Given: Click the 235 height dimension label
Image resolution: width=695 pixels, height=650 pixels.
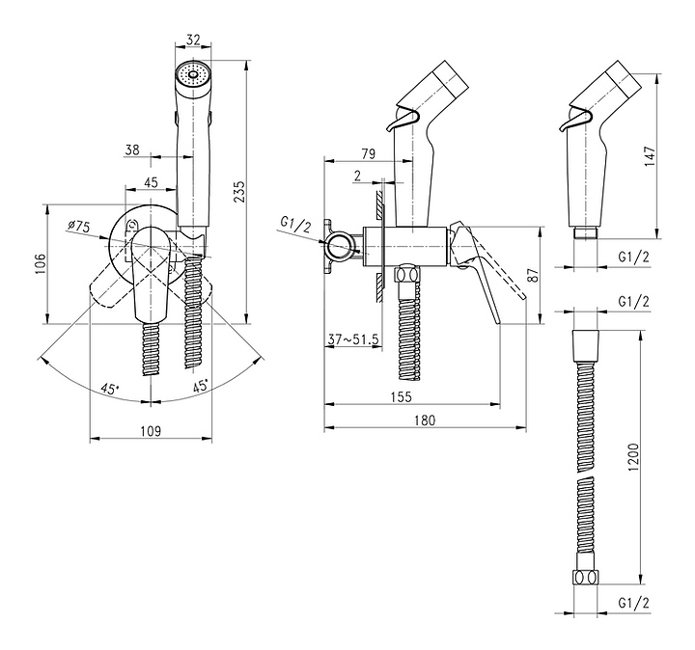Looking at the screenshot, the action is point(239,191).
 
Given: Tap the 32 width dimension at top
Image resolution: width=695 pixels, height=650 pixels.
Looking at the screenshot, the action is point(193,40).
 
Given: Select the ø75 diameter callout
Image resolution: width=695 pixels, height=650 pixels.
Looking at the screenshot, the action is point(79,227).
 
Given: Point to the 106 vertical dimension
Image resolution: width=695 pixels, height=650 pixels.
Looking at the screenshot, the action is point(40,264).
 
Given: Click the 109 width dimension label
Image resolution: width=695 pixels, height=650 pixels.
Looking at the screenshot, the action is point(151,430).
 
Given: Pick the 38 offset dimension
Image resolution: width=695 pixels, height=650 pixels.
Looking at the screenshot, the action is point(131,149).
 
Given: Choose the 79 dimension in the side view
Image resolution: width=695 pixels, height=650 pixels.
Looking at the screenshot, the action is point(368,154).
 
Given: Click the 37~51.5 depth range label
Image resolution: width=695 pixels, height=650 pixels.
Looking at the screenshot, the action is point(353,339).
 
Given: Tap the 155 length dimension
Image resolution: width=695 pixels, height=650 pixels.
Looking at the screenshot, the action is point(401,396).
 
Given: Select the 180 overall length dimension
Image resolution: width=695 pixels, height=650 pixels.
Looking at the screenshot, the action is point(425,420).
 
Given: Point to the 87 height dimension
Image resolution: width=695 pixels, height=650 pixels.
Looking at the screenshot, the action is point(534,275).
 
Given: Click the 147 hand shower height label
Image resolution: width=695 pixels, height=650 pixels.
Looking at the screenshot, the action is point(650,155).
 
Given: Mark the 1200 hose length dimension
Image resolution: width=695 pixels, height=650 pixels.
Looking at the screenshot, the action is point(634,457).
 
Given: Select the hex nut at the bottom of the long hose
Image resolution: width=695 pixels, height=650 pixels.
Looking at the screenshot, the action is point(586,578).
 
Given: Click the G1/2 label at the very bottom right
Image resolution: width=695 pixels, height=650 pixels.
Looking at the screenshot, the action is point(634,603).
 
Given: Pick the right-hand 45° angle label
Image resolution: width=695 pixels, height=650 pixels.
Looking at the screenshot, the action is point(201,385).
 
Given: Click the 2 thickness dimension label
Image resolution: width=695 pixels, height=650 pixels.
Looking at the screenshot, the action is point(358,176).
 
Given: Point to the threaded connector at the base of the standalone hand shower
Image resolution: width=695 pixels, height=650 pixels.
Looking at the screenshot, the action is point(586,233).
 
